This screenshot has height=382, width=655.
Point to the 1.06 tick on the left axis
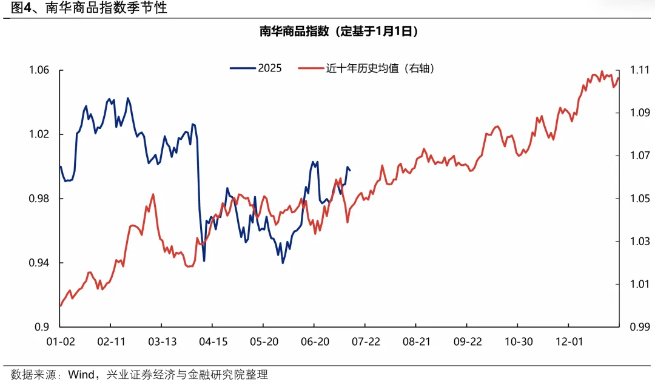[39, 71]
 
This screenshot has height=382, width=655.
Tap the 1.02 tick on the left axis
[39, 134]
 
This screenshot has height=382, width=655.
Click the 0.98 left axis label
[39, 199]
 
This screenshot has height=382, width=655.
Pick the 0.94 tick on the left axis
[39, 263]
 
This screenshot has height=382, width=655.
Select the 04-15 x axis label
[213, 342]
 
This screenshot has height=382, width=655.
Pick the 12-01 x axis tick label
[570, 342]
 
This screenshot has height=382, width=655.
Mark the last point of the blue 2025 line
[351, 170]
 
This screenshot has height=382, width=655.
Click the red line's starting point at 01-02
[61, 306]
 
